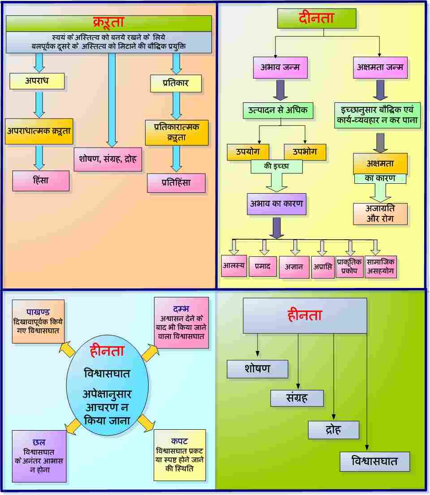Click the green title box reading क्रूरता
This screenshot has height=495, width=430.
(x=108, y=22)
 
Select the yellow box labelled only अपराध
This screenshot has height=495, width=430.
(x=37, y=81)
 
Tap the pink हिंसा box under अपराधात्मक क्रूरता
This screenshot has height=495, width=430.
(x=41, y=181)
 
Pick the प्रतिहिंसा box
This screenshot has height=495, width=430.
(x=176, y=182)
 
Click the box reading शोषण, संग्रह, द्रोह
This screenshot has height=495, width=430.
(x=107, y=159)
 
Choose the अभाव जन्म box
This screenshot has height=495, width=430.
(x=280, y=68)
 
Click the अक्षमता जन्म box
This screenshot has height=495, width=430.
(x=380, y=68)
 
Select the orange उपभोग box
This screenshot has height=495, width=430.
(x=305, y=152)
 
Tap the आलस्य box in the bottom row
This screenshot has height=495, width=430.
(x=234, y=265)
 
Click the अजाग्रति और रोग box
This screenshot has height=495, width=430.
(x=380, y=214)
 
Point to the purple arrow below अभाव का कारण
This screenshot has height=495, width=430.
(x=277, y=228)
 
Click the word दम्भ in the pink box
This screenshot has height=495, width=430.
(x=181, y=309)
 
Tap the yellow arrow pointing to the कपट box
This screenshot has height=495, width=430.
(x=145, y=423)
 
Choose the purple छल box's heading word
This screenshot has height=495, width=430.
(x=39, y=443)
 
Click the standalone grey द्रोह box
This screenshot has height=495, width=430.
(x=333, y=430)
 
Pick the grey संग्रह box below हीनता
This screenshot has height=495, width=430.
(x=297, y=398)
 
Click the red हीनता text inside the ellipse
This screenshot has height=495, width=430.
(x=107, y=351)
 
